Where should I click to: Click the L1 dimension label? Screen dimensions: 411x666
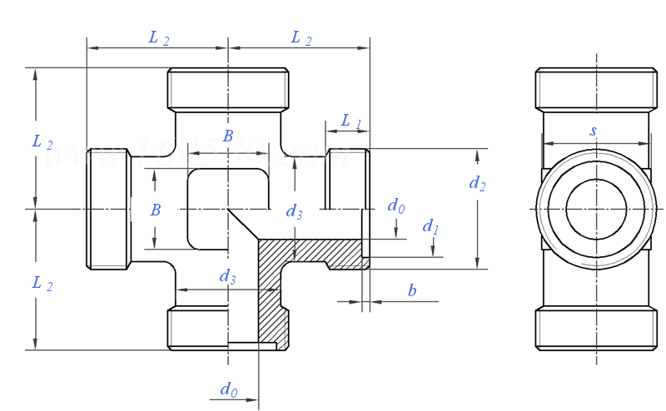[351, 121]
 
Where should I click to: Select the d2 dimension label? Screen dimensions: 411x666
[476, 184]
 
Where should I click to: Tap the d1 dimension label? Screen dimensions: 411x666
[430, 226]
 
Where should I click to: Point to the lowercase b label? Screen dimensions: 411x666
[411, 290]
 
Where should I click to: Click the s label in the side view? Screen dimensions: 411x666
[593, 131]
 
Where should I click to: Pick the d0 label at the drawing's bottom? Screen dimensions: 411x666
[228, 389]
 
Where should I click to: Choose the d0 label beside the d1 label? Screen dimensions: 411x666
[396, 205]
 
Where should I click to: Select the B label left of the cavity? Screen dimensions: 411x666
[156, 210]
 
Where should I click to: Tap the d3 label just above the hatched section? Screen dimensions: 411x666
[294, 212]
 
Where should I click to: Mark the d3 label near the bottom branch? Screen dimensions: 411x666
[227, 277]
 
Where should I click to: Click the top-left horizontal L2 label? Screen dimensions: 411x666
[159, 38]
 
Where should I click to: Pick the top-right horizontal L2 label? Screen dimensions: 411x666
[301, 38]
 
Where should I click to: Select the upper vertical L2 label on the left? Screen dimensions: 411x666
[42, 142]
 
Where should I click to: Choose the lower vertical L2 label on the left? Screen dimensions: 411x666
[42, 285]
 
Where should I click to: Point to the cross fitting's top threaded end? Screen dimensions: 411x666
[228, 90]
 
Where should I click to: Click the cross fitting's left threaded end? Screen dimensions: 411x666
[108, 209]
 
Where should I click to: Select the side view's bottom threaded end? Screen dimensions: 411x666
[596, 329]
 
